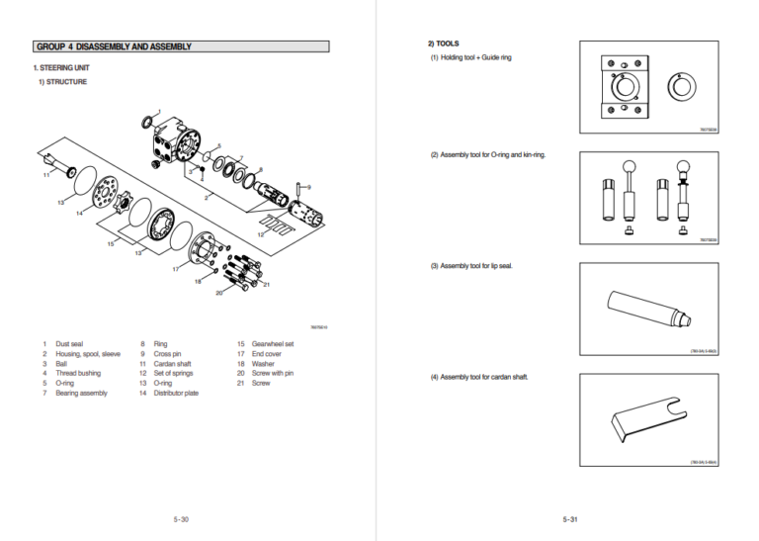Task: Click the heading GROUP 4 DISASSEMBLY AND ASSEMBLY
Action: (114, 46)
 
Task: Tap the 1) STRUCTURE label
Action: (62, 82)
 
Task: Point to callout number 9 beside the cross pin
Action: (308, 187)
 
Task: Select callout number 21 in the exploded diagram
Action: (267, 285)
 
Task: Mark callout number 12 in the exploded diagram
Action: (260, 235)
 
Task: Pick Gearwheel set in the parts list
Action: (273, 344)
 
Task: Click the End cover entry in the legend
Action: (267, 354)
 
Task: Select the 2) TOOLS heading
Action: (443, 44)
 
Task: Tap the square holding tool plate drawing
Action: (624, 90)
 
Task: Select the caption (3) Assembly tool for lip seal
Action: (470, 266)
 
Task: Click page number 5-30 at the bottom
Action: (181, 518)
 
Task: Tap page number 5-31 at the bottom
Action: (569, 518)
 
